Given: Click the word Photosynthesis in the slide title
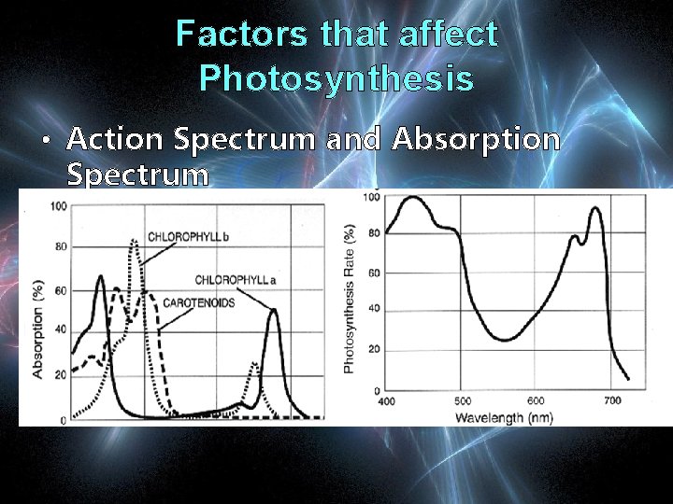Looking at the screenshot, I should (336, 78).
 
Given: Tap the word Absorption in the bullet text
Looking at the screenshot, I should (476, 140).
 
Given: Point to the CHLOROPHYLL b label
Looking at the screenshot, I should (188, 235).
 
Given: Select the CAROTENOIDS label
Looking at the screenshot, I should (198, 302).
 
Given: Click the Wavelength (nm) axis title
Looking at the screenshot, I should (504, 417).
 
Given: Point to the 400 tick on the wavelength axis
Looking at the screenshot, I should (386, 401).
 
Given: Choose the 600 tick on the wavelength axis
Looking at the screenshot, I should (537, 401).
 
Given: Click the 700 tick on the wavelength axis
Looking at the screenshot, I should (611, 401).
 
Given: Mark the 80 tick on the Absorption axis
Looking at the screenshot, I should (61, 247).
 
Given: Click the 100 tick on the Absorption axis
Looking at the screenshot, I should (59, 206).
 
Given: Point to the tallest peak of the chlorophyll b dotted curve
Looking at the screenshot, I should (134, 242).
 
